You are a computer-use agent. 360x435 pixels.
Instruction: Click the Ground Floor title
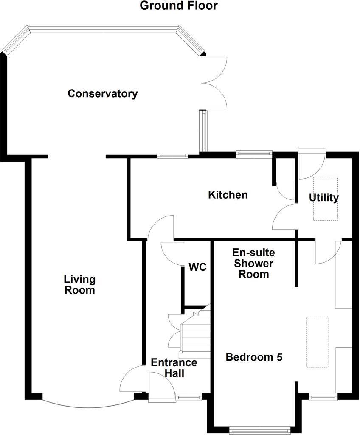tap(179, 6)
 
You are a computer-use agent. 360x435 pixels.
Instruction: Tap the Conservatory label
tap(103, 93)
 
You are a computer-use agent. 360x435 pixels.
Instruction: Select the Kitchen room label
tap(228, 195)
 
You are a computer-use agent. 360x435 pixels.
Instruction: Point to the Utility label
tap(324, 197)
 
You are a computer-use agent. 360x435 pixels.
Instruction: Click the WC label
tap(198, 267)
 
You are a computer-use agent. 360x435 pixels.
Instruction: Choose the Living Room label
tap(79, 285)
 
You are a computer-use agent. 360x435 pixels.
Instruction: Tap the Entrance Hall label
tap(174, 368)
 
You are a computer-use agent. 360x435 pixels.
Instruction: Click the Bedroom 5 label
tap(254, 357)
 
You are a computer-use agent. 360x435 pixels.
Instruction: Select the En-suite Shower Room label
tap(253, 264)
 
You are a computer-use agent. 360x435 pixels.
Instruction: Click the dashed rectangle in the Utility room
tap(326, 199)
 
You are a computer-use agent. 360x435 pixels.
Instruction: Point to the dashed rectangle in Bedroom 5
tap(318, 342)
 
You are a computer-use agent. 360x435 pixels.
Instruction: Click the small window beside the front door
tap(188, 398)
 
